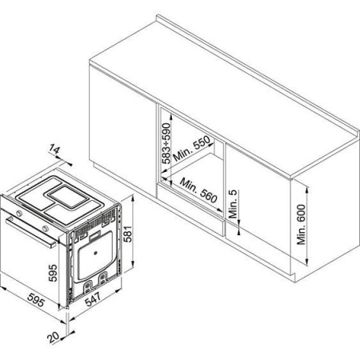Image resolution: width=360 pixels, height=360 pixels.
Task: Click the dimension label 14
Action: tap(54, 150)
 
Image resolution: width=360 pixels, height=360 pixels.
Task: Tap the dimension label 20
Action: tap(54, 337)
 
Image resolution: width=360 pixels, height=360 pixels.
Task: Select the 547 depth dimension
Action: tap(93, 299)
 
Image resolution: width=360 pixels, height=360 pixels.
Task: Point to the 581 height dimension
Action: tap(129, 234)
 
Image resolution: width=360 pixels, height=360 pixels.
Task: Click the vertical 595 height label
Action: tap(53, 273)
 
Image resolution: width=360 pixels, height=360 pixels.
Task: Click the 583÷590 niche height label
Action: tap(166, 143)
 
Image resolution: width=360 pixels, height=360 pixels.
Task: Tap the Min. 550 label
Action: tap(192, 148)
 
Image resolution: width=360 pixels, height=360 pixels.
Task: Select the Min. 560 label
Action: tap(198, 190)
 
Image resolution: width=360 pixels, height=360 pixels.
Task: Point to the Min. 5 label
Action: tap(233, 204)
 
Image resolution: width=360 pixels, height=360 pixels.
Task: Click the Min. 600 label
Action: tap(301, 225)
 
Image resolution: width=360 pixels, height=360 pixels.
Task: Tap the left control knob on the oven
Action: tap(19, 213)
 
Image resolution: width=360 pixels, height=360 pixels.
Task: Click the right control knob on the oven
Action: tap(46, 228)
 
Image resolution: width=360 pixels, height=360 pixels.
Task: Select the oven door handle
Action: tap(31, 233)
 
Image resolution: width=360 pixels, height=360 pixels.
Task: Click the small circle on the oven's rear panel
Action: tap(95, 253)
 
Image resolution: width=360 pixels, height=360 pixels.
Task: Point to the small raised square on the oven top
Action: tap(68, 197)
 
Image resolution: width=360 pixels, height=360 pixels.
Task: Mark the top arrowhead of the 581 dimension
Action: tap(133, 198)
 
